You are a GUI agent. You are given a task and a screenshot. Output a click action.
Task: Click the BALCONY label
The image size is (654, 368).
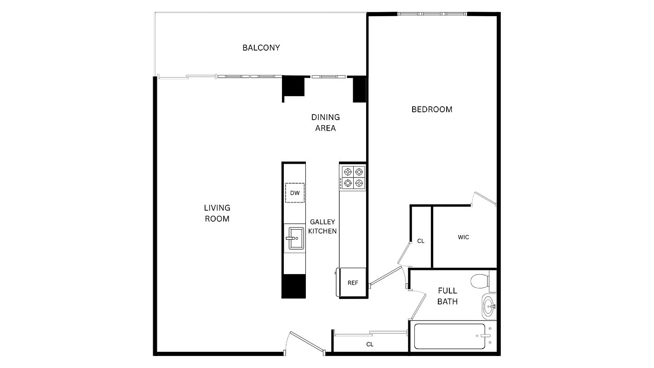click(261, 48)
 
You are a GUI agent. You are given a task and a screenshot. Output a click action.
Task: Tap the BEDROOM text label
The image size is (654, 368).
click(431, 109)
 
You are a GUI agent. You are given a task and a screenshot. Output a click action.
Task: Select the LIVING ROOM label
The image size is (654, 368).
click(217, 213)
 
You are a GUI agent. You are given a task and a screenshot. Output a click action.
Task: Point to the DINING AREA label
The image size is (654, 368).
click(325, 123)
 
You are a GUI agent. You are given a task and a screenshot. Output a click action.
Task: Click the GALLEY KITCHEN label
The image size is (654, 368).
click(322, 227)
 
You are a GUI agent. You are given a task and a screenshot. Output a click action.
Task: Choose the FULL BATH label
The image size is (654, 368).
click(447, 296)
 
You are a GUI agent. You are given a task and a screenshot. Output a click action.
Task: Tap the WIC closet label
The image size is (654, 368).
click(463, 237)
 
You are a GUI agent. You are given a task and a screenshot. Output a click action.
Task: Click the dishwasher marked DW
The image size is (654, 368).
click(295, 193)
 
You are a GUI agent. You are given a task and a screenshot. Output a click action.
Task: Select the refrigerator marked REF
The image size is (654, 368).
click(352, 283)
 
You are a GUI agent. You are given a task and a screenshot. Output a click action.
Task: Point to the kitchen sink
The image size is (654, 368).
click(296, 238)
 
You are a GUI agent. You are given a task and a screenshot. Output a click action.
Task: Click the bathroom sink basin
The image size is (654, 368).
click(489, 305)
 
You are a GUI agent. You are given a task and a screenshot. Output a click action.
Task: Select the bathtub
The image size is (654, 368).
click(449, 337)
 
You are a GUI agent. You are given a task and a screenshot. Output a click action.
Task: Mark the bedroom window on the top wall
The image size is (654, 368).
click(432, 14)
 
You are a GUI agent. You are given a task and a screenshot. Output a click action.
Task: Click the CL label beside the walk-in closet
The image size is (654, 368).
click(420, 241)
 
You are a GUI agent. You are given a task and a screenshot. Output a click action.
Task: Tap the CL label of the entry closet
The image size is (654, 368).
click(369, 344)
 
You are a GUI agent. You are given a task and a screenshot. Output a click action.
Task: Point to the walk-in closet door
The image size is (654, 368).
click(484, 199)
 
